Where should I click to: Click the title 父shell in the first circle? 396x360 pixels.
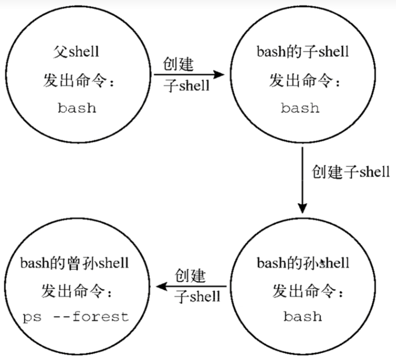point(76,52)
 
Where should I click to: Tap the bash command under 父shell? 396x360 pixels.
point(77,108)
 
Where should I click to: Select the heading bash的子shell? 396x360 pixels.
point(302,52)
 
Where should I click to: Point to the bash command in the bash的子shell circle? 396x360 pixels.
point(300,108)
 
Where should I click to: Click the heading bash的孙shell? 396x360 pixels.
point(303,263)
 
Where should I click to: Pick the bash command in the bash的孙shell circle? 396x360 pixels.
point(302,316)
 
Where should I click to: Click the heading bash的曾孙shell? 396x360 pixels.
point(75,263)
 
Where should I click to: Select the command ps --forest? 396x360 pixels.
point(76,317)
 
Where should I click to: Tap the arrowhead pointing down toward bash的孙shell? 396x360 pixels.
point(302,208)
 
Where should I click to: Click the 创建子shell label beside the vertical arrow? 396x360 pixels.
point(351,172)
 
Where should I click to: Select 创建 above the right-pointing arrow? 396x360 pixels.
point(178,64)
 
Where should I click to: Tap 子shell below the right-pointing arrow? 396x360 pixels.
point(187,86)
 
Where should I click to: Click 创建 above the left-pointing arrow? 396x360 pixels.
point(190,276)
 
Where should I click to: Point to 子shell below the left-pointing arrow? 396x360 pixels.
point(197,296)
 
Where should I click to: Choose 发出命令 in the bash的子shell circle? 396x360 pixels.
point(304,81)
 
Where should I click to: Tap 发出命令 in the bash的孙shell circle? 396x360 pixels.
point(307,291)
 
